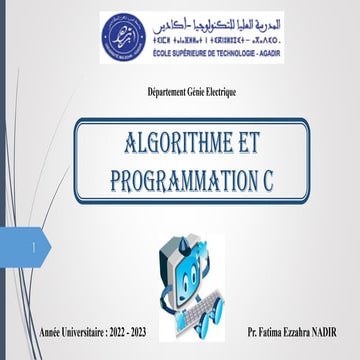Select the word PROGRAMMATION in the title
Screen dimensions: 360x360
click(173, 180)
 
